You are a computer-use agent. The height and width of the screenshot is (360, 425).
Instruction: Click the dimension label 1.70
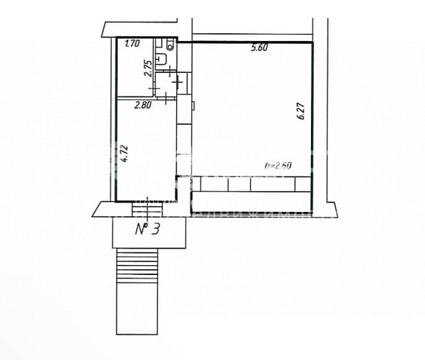[132, 43]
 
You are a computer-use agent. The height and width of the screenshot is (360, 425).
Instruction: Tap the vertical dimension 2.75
[148, 69]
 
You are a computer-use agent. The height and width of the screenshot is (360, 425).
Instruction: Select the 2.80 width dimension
[143, 105]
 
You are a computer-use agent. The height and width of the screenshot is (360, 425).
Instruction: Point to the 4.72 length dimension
[123, 154]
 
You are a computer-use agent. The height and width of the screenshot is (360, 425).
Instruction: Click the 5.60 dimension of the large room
[259, 47]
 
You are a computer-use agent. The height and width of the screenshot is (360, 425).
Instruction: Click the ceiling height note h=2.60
[278, 165]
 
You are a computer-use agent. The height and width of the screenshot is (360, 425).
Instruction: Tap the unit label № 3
[148, 229]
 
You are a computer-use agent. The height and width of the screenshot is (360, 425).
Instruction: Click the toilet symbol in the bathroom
[170, 45]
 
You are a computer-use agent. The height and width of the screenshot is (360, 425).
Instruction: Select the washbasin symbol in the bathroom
[161, 60]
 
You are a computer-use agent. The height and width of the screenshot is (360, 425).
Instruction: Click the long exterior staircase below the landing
[137, 291]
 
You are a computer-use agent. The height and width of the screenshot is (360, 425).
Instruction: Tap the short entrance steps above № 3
[147, 210]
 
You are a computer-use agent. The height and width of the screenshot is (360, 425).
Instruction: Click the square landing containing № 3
[149, 232]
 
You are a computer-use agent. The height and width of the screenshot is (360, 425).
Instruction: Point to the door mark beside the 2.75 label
[154, 89]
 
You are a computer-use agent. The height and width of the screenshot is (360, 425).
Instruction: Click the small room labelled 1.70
[135, 67]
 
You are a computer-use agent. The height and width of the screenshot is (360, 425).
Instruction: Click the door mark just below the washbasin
[169, 71]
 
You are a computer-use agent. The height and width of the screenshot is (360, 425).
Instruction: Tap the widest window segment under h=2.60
[273, 184]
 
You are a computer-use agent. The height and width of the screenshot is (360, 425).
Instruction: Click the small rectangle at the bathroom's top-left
[159, 43]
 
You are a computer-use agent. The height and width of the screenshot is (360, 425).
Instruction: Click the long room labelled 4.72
[147, 150]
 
